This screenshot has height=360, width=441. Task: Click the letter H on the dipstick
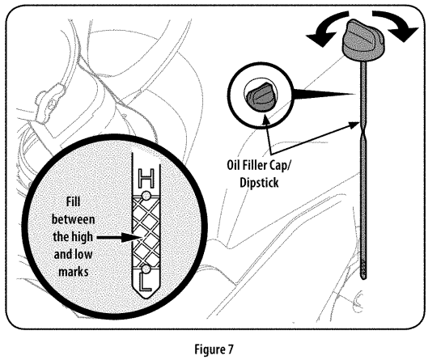coord(146,178)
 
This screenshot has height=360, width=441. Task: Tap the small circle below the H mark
coord(146,196)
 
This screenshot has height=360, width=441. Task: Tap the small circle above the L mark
coord(146,269)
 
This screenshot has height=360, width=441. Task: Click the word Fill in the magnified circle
coord(73,201)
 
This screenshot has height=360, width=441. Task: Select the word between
coord(73,219)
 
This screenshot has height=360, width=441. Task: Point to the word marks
coord(74,272)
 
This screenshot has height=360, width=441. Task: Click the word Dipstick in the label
coord(259,183)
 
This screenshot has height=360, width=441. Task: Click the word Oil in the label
coord(232,165)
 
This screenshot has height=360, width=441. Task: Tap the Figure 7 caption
coord(214,349)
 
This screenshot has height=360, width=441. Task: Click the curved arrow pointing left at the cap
coord(324,28)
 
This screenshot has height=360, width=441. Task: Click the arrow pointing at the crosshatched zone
coord(118,238)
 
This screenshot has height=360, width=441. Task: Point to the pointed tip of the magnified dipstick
coord(146,299)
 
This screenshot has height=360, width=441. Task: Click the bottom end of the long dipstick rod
coord(364,277)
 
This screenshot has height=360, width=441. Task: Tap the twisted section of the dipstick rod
coord(363,129)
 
